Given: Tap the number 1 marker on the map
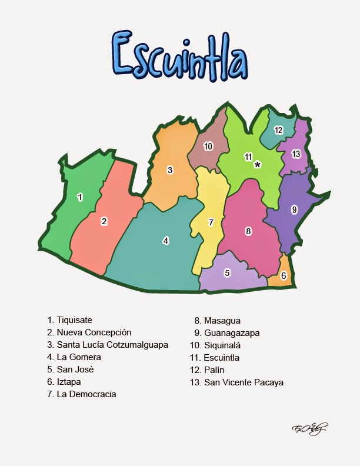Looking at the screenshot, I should click(x=80, y=197).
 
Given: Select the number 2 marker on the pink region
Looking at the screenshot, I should click(x=104, y=221).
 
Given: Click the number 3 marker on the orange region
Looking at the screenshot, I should click(x=169, y=170).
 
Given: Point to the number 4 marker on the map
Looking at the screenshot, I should click(x=166, y=241).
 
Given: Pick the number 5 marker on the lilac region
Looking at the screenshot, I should click(x=227, y=273).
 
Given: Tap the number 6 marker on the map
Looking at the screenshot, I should click(x=284, y=275).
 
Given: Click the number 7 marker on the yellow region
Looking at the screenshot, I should click(x=211, y=222).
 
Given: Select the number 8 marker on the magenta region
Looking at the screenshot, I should click(x=248, y=231).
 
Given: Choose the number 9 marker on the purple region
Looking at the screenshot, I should click(x=294, y=209).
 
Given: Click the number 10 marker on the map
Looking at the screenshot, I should click(x=208, y=146).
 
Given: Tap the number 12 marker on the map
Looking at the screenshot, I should click(x=278, y=130).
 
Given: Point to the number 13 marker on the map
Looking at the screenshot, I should click(x=295, y=154).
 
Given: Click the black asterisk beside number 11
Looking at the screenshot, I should click(x=258, y=165).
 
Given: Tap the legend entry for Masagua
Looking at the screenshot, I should click(x=218, y=320).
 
